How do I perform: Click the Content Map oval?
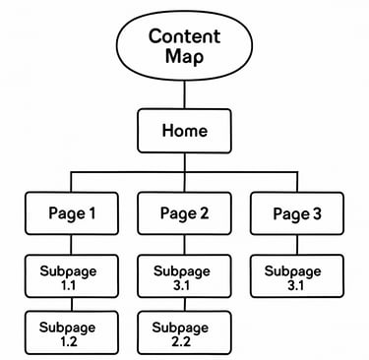[184, 45]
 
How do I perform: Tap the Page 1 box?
[71, 212]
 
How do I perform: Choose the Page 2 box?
[184, 212]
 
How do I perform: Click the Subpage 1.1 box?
[71, 275]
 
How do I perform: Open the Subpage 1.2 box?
[71, 333]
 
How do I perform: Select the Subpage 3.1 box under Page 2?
[184, 275]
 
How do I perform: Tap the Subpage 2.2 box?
[184, 333]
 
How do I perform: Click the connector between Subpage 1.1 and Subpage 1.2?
[71, 304]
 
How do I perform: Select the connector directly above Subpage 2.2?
[184, 304]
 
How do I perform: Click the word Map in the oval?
[184, 56]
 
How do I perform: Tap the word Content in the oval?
[184, 36]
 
